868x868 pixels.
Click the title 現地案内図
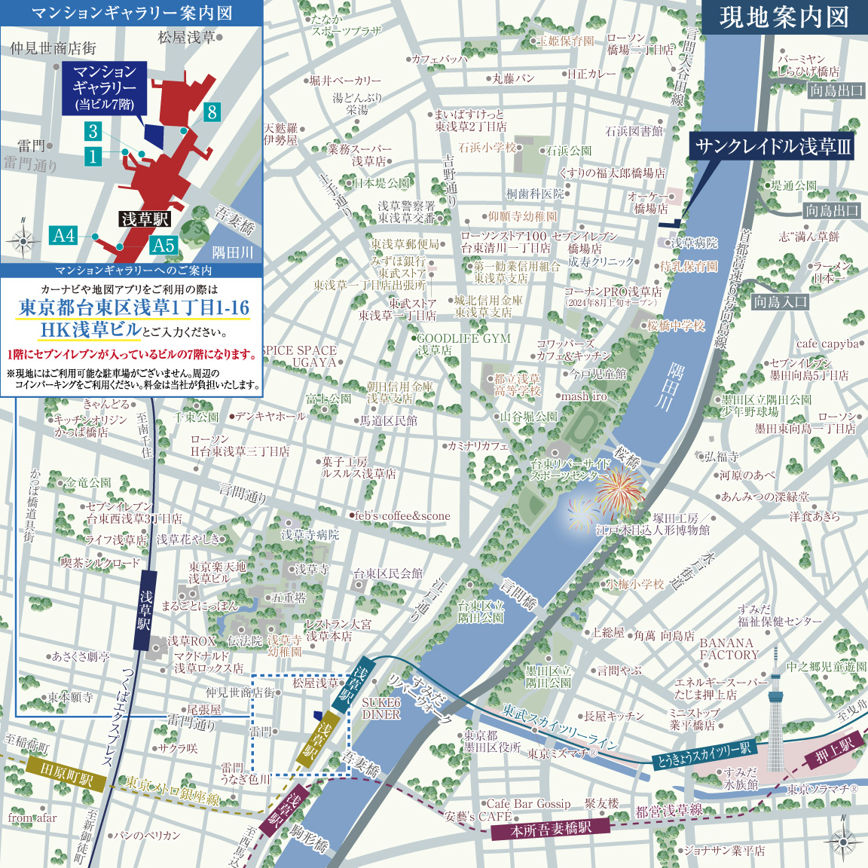tap(784, 17)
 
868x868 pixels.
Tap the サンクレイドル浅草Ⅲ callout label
tap(772, 146)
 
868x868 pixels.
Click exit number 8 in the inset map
tap(212, 112)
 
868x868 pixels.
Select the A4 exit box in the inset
tap(64, 235)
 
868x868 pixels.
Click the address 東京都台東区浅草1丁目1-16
tap(133, 308)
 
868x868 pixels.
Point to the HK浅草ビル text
tap(90, 330)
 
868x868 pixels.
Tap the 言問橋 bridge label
tap(519, 593)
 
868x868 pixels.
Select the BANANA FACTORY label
tap(728, 649)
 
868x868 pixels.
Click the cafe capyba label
tap(827, 344)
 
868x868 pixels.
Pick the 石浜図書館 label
tap(634, 131)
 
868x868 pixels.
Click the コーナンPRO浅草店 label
tap(613, 292)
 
